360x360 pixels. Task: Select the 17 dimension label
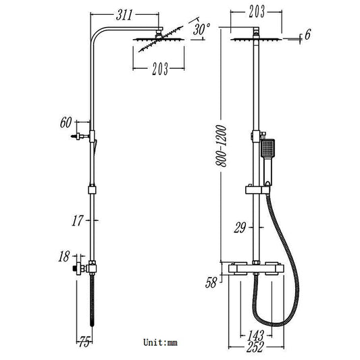(x=79, y=220)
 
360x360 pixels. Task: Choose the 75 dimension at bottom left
(x=83, y=341)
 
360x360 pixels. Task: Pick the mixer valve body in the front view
(x=255, y=273)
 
